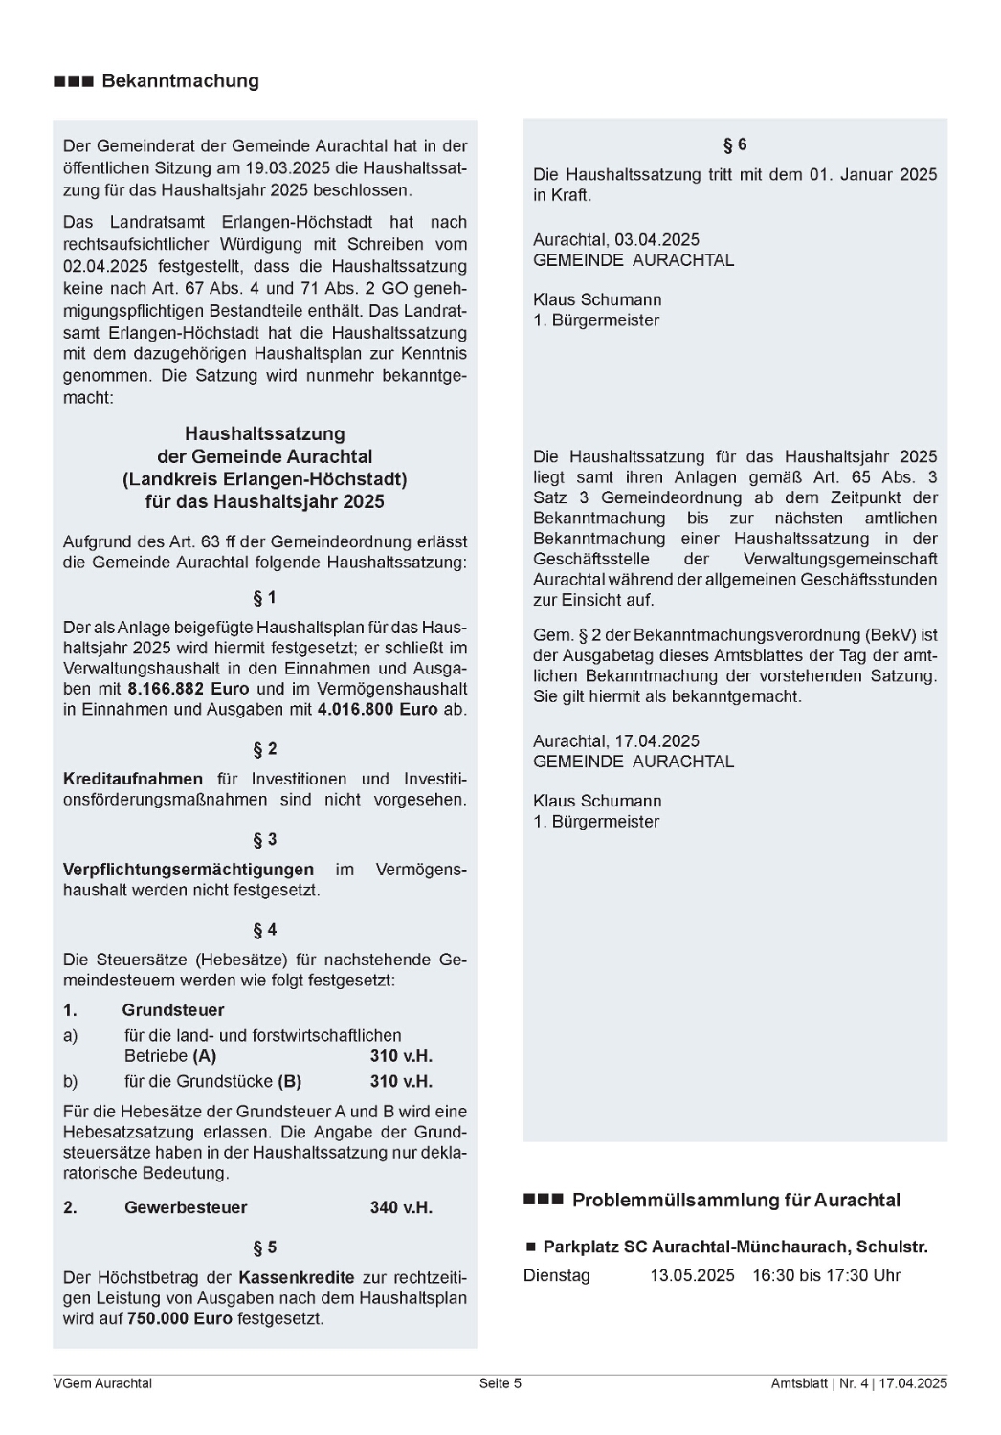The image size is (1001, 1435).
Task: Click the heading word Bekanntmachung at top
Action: click(180, 81)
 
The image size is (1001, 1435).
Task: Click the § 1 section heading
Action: click(264, 598)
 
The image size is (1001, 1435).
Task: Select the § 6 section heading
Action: click(735, 145)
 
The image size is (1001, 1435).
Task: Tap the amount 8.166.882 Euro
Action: click(188, 689)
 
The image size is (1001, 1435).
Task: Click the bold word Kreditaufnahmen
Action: click(133, 779)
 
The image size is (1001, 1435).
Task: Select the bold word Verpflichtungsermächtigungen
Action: click(189, 870)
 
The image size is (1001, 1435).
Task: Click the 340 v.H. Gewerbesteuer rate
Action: click(401, 1208)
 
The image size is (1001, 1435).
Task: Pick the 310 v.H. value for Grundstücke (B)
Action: click(401, 1082)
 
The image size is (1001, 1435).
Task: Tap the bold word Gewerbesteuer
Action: click(186, 1208)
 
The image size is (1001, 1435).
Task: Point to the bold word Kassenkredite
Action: click(297, 1278)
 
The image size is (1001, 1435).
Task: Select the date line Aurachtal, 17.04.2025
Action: click(616, 741)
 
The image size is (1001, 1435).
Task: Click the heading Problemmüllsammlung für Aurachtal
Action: click(736, 1201)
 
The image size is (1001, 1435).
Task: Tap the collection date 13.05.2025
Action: click(693, 1276)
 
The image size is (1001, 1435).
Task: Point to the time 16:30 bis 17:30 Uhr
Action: click(827, 1276)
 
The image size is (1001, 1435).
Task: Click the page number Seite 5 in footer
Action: click(500, 1383)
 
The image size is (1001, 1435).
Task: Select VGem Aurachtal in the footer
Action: click(102, 1383)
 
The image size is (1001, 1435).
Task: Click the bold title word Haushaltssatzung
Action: click(265, 434)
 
